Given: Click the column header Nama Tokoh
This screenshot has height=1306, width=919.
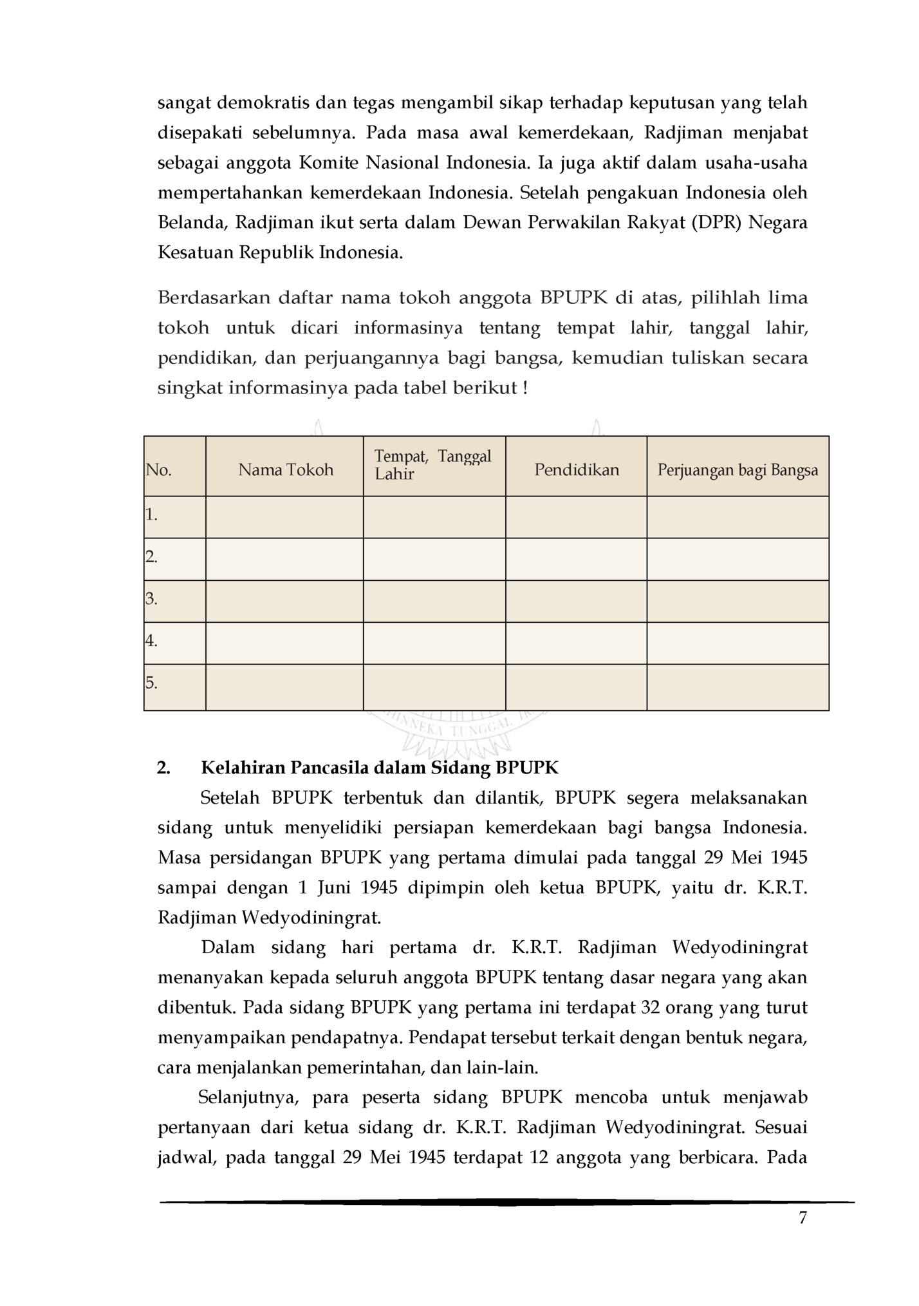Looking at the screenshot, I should (285, 469).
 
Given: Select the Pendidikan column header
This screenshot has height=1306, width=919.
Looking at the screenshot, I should (576, 469).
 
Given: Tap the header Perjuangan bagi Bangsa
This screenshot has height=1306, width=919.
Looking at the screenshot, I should (738, 469).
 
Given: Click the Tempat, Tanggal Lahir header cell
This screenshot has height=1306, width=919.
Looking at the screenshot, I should (433, 465).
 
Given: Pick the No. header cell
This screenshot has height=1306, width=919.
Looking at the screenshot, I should (159, 469).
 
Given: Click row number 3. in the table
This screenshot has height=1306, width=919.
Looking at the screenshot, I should (152, 598).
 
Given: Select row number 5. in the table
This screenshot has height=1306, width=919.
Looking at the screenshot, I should (152, 683).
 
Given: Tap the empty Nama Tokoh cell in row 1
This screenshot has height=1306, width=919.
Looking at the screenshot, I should (284, 516).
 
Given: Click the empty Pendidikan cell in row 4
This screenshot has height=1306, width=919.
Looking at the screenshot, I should (576, 643).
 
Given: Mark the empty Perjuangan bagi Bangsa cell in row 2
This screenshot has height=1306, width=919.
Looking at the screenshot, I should (738, 559).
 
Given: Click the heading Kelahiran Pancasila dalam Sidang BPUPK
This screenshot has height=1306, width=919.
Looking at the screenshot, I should (380, 768).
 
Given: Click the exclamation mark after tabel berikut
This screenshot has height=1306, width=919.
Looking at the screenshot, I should (525, 388).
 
